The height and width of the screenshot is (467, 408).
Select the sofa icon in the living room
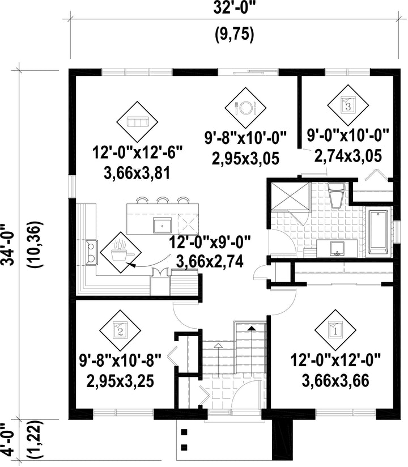coord(137,122)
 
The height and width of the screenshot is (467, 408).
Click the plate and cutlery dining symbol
coord(245,108)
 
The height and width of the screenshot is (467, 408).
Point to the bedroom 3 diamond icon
coord(348,105)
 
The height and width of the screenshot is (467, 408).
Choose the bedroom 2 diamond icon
coord(120,330)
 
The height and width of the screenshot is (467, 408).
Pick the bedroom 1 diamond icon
coord(335,330)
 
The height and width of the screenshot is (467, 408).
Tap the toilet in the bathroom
coord(336,195)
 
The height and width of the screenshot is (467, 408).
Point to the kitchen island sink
coord(162,225)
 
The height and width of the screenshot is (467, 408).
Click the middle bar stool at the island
coord(163,200)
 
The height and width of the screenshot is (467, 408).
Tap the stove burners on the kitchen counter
coord(92,252)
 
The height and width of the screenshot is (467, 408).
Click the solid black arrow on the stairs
coord(252,328)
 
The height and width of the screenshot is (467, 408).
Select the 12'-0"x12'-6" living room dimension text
coord(137,153)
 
